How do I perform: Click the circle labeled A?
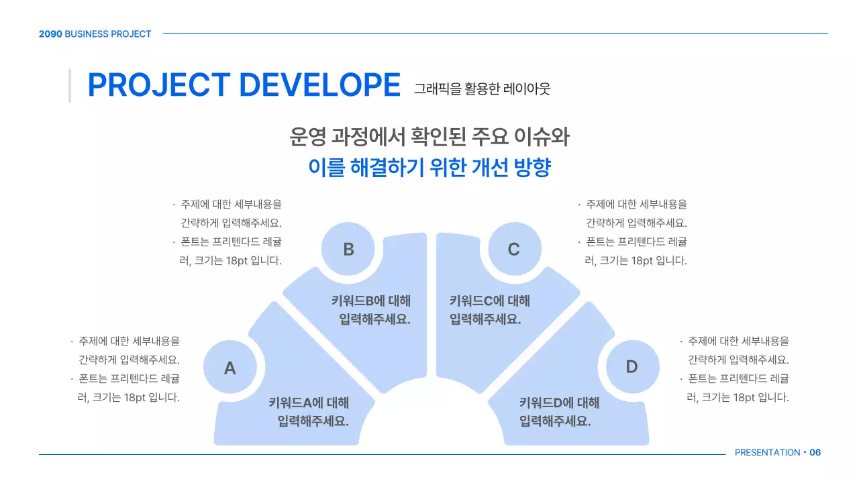(x=230, y=368)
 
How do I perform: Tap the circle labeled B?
(x=348, y=250)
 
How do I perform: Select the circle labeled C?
(x=513, y=250)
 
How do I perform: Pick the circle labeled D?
(x=631, y=367)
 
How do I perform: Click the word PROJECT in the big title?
(x=158, y=85)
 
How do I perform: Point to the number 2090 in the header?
(x=50, y=34)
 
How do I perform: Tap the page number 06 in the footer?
(x=815, y=453)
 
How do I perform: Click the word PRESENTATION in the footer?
(x=767, y=453)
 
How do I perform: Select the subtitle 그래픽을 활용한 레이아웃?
(x=482, y=88)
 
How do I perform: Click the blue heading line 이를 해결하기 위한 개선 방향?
(x=429, y=167)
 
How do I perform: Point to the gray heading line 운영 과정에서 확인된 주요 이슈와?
(x=429, y=137)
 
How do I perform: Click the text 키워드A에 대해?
(x=309, y=402)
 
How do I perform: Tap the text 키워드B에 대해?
(x=370, y=301)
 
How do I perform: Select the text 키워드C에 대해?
(x=489, y=301)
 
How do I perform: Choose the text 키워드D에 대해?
(x=559, y=402)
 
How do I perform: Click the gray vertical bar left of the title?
(x=70, y=85)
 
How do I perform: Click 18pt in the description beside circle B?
(x=235, y=261)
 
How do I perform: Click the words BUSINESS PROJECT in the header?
(x=108, y=34)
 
